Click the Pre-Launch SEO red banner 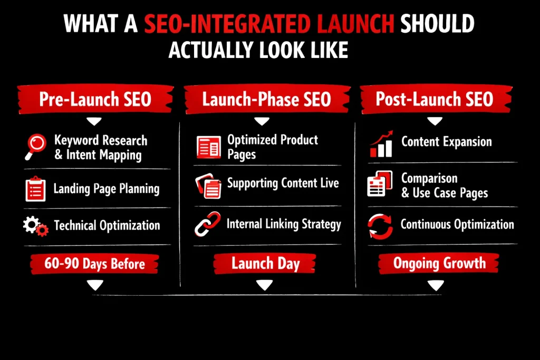(x=95, y=99)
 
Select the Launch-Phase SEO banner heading (x=266, y=99)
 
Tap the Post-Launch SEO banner (x=435, y=99)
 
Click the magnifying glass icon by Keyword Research (x=35, y=147)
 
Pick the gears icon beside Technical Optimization (x=35, y=226)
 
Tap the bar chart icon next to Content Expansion (x=381, y=144)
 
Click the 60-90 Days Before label (x=95, y=264)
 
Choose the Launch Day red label (x=265, y=264)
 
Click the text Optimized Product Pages (x=272, y=147)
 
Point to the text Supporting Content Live (x=283, y=183)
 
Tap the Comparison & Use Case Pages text (x=444, y=186)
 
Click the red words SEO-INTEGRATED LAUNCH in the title (x=268, y=24)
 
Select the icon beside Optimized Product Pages (x=208, y=147)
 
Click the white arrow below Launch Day (x=265, y=285)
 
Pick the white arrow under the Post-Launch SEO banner (x=435, y=122)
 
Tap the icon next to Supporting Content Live (x=208, y=185)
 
